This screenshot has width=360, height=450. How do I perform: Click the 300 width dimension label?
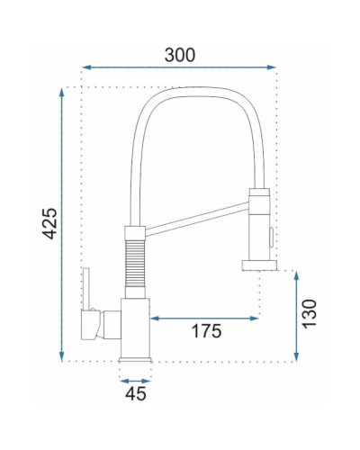pyautogui.click(x=179, y=54)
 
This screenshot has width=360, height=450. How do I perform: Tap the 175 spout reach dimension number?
pyautogui.click(x=205, y=330)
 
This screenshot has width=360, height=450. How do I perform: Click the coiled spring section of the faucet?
pyautogui.click(x=132, y=265)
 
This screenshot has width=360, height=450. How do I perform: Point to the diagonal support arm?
pyautogui.click(x=193, y=219)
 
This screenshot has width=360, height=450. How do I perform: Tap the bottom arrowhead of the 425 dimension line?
pyautogui.click(x=63, y=356)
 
